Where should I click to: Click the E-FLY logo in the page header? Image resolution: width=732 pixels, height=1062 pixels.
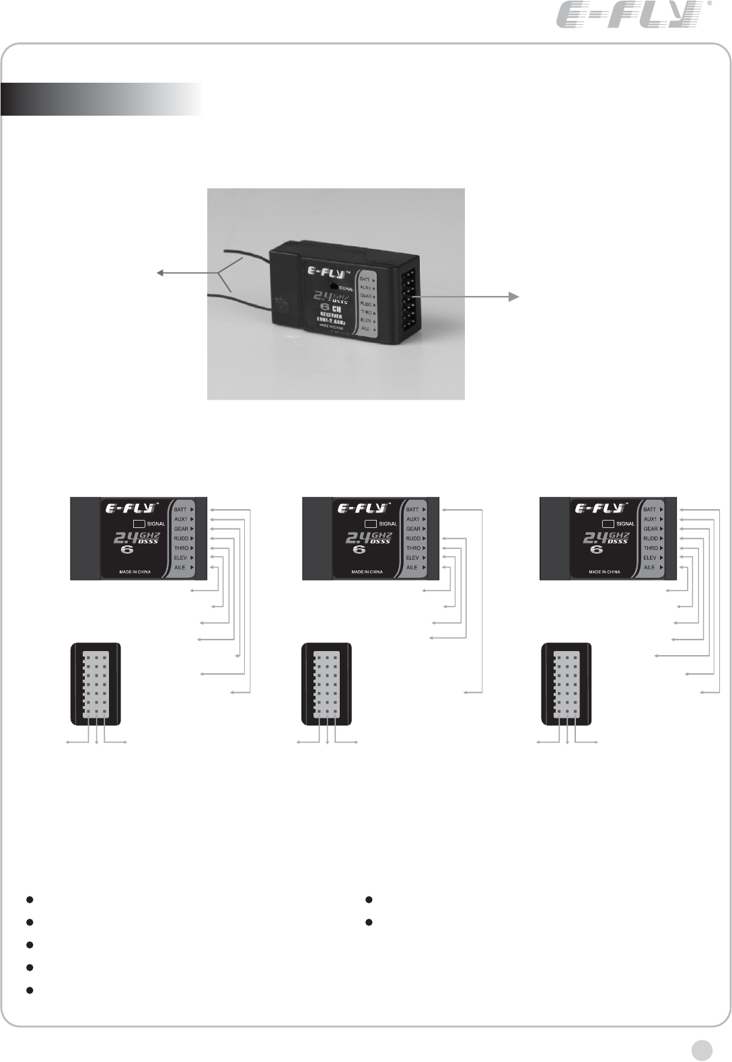[x=626, y=15]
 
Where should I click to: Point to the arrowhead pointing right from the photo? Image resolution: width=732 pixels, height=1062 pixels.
[x=515, y=297]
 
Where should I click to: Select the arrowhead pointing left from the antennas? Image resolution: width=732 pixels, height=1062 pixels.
[x=161, y=272]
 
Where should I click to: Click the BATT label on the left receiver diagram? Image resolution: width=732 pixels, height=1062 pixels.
[x=180, y=510]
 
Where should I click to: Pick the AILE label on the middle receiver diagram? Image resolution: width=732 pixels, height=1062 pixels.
[x=412, y=568]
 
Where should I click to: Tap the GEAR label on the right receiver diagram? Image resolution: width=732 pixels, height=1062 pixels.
[x=651, y=529]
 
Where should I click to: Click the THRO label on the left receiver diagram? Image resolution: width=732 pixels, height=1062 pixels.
[x=180, y=549]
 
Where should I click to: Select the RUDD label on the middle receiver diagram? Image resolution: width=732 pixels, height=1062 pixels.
[x=412, y=539]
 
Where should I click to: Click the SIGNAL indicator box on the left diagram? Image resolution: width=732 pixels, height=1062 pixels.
[x=138, y=523]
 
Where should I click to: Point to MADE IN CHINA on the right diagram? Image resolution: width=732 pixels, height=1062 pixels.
[x=604, y=572]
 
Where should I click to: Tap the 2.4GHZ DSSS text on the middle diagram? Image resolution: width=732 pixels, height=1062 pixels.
[x=367, y=539]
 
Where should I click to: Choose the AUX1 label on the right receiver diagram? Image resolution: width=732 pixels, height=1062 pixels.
[x=650, y=519]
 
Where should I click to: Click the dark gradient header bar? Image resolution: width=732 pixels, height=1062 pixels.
[x=101, y=99]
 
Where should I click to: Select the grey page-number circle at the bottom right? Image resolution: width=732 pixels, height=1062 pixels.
[x=701, y=1048]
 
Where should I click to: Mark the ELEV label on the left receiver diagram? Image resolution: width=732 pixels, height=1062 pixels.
[x=180, y=558]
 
